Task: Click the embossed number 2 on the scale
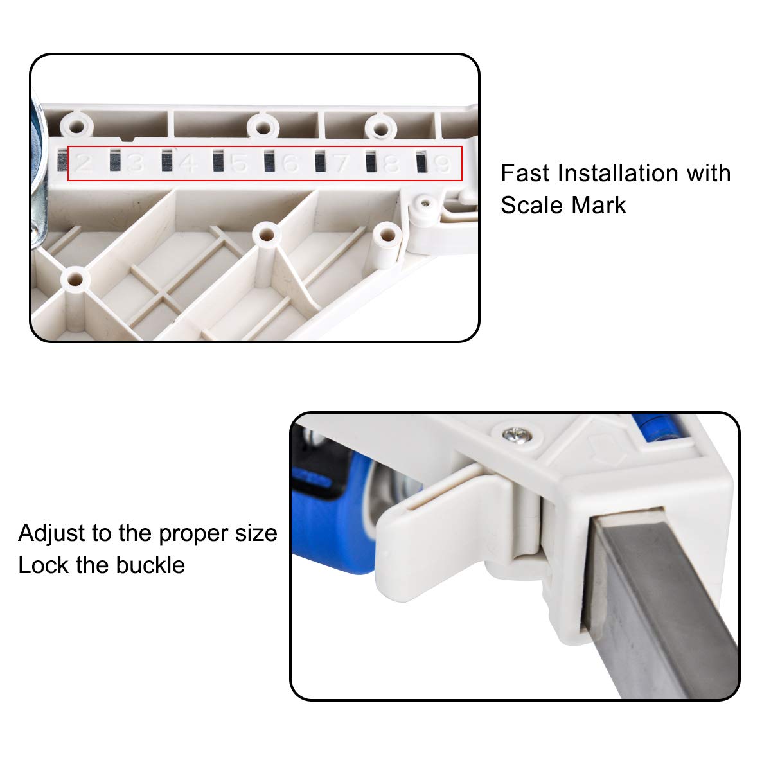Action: click(84, 163)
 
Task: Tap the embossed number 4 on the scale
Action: click(188, 163)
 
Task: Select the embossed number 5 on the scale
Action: click(239, 163)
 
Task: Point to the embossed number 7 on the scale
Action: click(341, 163)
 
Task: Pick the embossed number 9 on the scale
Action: click(443, 164)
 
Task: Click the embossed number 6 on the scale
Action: click(290, 163)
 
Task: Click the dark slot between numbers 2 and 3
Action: click(115, 161)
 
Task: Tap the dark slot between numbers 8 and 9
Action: click(421, 162)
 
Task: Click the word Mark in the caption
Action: click(599, 206)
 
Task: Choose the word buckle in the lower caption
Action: click(150, 566)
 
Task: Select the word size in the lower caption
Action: click(256, 534)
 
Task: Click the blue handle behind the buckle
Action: click(332, 520)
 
